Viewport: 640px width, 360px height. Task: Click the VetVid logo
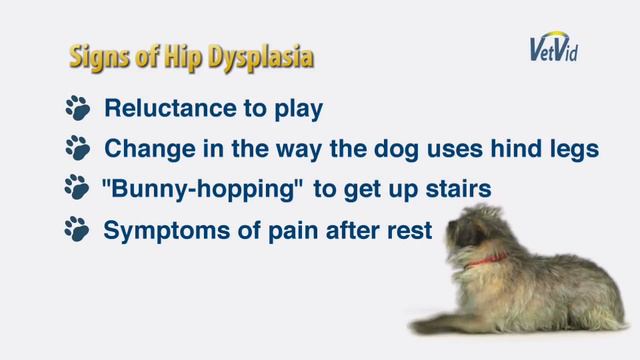pos(555,47)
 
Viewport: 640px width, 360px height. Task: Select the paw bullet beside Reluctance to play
pos(77,108)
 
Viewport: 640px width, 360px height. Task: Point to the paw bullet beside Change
pos(77,149)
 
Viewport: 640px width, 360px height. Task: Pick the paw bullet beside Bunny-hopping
pos(77,189)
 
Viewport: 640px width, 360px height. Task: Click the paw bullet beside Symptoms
pos(77,230)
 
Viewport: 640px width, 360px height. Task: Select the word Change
pos(141,149)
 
